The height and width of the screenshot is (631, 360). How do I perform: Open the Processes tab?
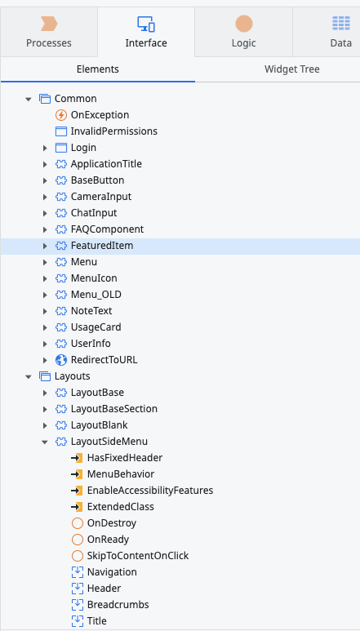pos(49,32)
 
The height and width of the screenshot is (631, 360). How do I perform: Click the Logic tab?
pos(244,32)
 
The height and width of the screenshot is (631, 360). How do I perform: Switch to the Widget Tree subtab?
pos(292,69)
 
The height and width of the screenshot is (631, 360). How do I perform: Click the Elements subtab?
pos(98,69)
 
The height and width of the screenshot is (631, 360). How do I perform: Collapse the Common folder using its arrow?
pos(28,99)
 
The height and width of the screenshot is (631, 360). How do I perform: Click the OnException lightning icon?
pos(60,115)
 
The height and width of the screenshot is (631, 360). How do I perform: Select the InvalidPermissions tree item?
pos(113,131)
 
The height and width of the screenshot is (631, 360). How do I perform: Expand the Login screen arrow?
pos(45,148)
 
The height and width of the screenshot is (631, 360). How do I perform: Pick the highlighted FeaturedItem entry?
pos(102,246)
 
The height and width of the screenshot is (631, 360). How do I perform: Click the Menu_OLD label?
pos(96,295)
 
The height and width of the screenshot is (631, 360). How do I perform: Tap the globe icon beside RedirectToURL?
pos(60,360)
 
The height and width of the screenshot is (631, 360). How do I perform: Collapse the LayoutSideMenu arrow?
pos(45,442)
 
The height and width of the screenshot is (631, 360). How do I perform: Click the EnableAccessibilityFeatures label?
pos(150,491)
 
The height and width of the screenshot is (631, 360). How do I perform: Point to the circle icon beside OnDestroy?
pos(78,523)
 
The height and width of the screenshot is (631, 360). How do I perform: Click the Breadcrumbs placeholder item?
pos(118,605)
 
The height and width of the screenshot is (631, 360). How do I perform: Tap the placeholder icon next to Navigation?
pos(78,572)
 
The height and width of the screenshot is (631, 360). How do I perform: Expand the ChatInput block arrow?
pos(45,213)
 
